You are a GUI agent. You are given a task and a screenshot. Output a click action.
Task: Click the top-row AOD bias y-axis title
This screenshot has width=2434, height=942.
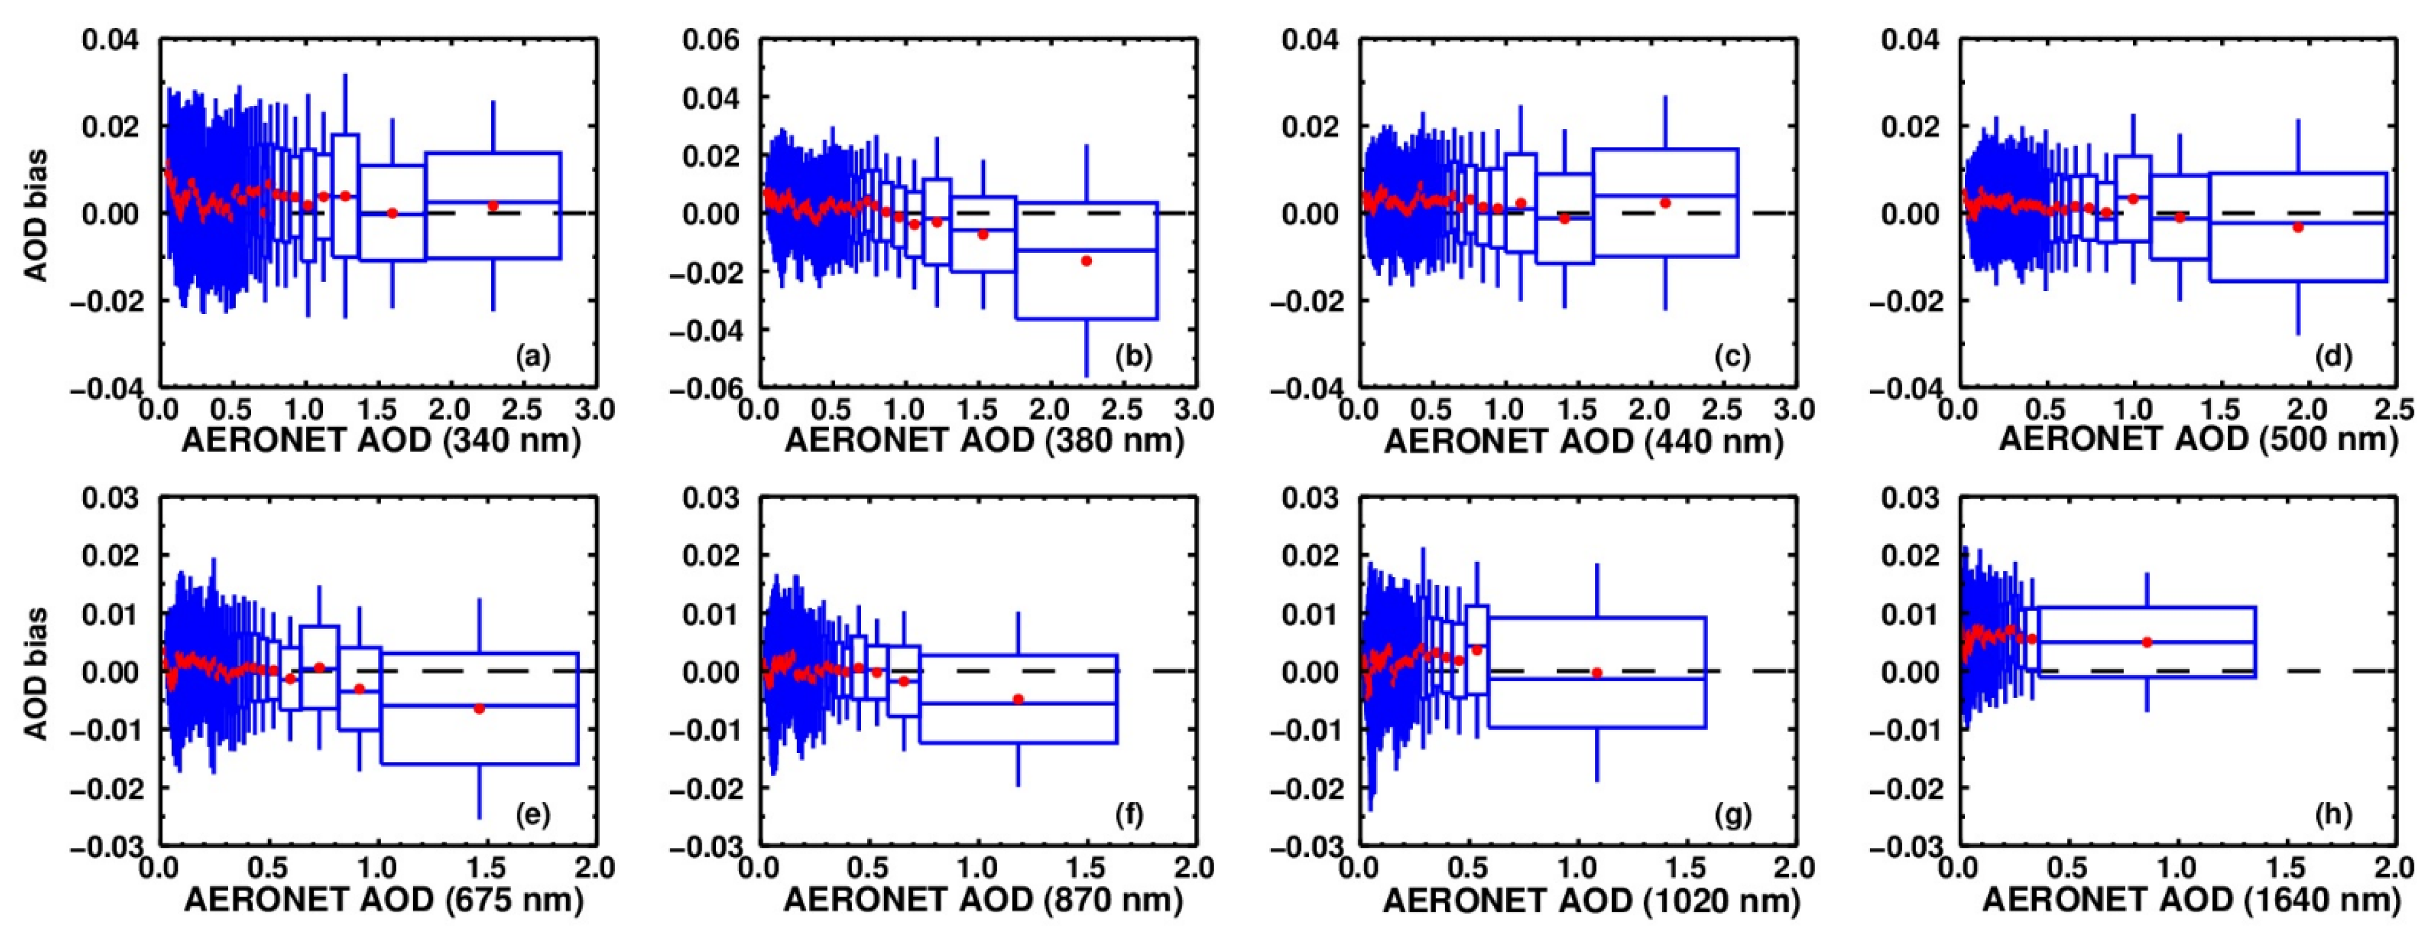36,215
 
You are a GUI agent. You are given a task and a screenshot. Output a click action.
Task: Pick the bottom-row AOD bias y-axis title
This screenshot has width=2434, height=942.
36,673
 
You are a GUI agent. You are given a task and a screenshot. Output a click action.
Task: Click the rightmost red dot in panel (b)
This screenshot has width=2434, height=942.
1086,261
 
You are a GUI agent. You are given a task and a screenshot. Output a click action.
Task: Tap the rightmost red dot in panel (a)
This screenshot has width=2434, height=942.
492,205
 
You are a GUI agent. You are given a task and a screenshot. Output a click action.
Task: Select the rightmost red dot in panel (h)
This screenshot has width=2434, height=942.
2147,643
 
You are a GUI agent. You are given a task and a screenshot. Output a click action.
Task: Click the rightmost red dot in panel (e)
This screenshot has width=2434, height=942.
479,709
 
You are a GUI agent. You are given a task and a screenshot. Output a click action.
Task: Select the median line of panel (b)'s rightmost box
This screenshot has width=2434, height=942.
1086,251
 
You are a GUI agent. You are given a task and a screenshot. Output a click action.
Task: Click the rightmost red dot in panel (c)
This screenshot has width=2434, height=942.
1665,203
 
